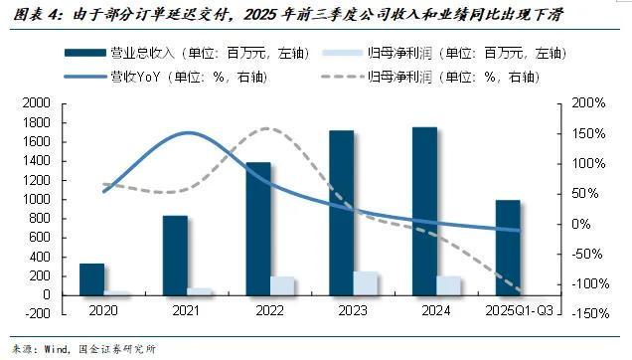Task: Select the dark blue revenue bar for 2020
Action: coord(91,278)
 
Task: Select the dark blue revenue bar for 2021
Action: coord(175,255)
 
